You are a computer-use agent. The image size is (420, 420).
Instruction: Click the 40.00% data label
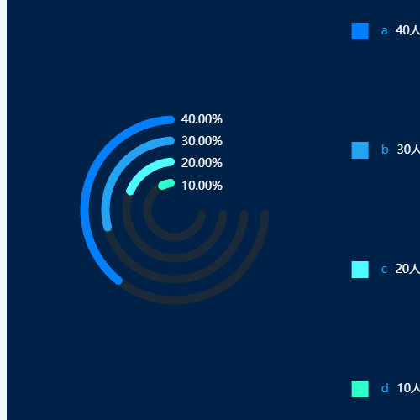click(202, 119)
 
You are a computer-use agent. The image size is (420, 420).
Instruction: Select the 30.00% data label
click(202, 141)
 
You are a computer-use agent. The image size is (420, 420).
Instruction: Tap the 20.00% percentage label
click(202, 163)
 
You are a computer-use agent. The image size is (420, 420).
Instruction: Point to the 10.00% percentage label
click(202, 186)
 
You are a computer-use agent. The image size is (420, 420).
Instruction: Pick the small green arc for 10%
click(166, 185)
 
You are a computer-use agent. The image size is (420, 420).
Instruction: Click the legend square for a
click(360, 31)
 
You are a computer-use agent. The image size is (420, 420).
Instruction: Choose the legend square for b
click(360, 150)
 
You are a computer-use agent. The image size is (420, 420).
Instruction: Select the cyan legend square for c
click(360, 270)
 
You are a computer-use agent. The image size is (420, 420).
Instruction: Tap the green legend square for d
click(360, 389)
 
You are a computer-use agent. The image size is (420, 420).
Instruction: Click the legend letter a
click(384, 31)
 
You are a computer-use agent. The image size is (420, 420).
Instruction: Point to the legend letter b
click(385, 150)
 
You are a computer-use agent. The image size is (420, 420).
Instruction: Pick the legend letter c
click(384, 270)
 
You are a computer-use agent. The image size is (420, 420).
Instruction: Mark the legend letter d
click(385, 388)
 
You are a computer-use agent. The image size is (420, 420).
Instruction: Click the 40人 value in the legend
click(407, 30)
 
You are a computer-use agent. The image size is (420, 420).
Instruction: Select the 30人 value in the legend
click(408, 150)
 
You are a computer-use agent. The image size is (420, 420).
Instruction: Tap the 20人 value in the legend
click(407, 269)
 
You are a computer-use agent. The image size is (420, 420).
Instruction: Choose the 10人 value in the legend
click(408, 388)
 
